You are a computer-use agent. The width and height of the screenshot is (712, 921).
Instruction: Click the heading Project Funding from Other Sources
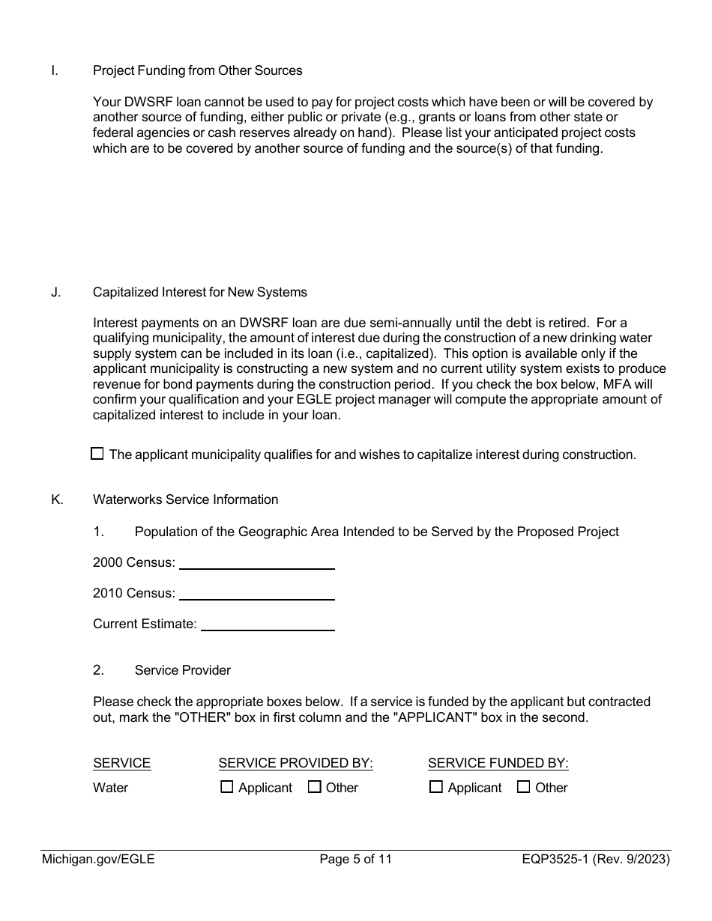[x=197, y=70]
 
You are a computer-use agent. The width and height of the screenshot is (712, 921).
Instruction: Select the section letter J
[x=56, y=292]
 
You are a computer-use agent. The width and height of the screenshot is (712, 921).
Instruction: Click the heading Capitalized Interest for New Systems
[x=199, y=292]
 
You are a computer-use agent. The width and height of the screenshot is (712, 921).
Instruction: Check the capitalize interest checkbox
[x=97, y=454]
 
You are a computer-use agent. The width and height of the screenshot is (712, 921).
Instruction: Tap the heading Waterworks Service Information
[x=185, y=499]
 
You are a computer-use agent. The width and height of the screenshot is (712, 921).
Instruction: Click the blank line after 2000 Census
[x=256, y=562]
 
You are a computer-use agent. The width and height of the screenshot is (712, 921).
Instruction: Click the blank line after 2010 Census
[x=256, y=593]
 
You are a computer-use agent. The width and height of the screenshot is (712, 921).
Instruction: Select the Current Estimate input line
[x=268, y=624]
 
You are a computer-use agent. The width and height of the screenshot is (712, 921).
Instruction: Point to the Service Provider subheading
[x=182, y=670]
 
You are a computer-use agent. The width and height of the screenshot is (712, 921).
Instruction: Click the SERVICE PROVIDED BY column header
[x=295, y=763]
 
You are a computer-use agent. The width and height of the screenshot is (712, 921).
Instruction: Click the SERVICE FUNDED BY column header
[x=498, y=763]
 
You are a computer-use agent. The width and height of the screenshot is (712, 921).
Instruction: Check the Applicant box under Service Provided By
[x=226, y=787]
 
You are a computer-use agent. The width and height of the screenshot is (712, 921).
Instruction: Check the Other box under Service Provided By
[x=314, y=787]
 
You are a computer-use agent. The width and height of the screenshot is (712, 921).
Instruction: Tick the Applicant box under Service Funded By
[x=435, y=787]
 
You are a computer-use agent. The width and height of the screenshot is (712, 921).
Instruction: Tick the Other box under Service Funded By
[x=523, y=787]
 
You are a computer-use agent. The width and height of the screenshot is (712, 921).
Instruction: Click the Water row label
[x=110, y=788]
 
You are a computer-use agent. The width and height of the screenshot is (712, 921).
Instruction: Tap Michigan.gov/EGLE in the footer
[x=98, y=860]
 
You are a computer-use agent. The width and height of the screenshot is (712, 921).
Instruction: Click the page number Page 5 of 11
[x=355, y=860]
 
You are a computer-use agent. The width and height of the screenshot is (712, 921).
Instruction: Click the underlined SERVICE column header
[x=121, y=763]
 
